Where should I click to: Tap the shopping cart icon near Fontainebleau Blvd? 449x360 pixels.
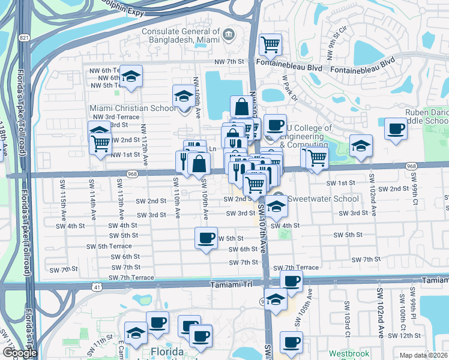point(270,44)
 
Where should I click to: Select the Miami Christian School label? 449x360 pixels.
point(133,108)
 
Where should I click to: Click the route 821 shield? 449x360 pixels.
point(23,38)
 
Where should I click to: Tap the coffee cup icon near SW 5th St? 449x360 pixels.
point(206,238)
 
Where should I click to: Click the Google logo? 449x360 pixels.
point(20,353)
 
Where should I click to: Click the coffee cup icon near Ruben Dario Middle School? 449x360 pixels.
point(395,129)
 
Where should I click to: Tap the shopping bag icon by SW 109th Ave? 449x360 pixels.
point(199,163)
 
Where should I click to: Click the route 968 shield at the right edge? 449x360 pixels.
point(411,166)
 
